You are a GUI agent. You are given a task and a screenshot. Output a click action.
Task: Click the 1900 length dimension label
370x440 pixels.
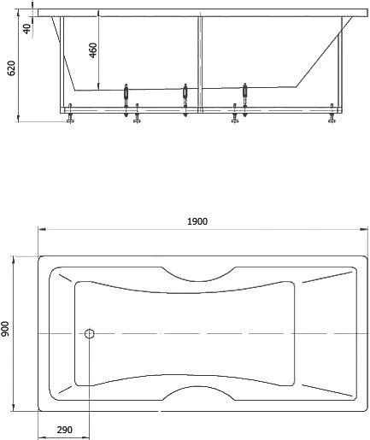197,221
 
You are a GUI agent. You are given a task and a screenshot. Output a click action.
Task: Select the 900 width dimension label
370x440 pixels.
5,329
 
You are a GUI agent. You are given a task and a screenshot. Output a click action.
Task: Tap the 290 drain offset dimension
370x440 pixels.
64,430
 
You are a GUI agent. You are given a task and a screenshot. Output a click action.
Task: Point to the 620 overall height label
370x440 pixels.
12,68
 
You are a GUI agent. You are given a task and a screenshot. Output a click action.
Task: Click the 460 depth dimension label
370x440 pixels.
93,50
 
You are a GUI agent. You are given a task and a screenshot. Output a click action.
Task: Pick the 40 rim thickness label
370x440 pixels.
26,29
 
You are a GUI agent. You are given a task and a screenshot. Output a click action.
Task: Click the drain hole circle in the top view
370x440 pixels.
90,333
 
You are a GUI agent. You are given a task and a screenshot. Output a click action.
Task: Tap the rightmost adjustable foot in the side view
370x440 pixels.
332,114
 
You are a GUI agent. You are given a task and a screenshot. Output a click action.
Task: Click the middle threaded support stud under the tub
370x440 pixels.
185,100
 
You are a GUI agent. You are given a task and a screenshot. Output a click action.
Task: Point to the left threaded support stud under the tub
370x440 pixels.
126,100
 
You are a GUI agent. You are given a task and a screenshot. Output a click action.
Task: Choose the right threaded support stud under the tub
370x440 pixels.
244,100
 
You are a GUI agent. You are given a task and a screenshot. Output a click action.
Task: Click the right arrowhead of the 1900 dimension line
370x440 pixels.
364,229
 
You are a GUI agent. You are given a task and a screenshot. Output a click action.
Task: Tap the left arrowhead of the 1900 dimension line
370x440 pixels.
43,229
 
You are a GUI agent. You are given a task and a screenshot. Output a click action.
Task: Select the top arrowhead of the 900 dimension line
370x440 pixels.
13,260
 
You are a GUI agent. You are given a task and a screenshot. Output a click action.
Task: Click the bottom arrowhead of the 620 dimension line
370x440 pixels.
19,118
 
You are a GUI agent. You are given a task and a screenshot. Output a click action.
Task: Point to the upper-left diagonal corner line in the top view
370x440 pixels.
65,278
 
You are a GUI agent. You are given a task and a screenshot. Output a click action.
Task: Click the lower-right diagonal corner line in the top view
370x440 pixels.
327,390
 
